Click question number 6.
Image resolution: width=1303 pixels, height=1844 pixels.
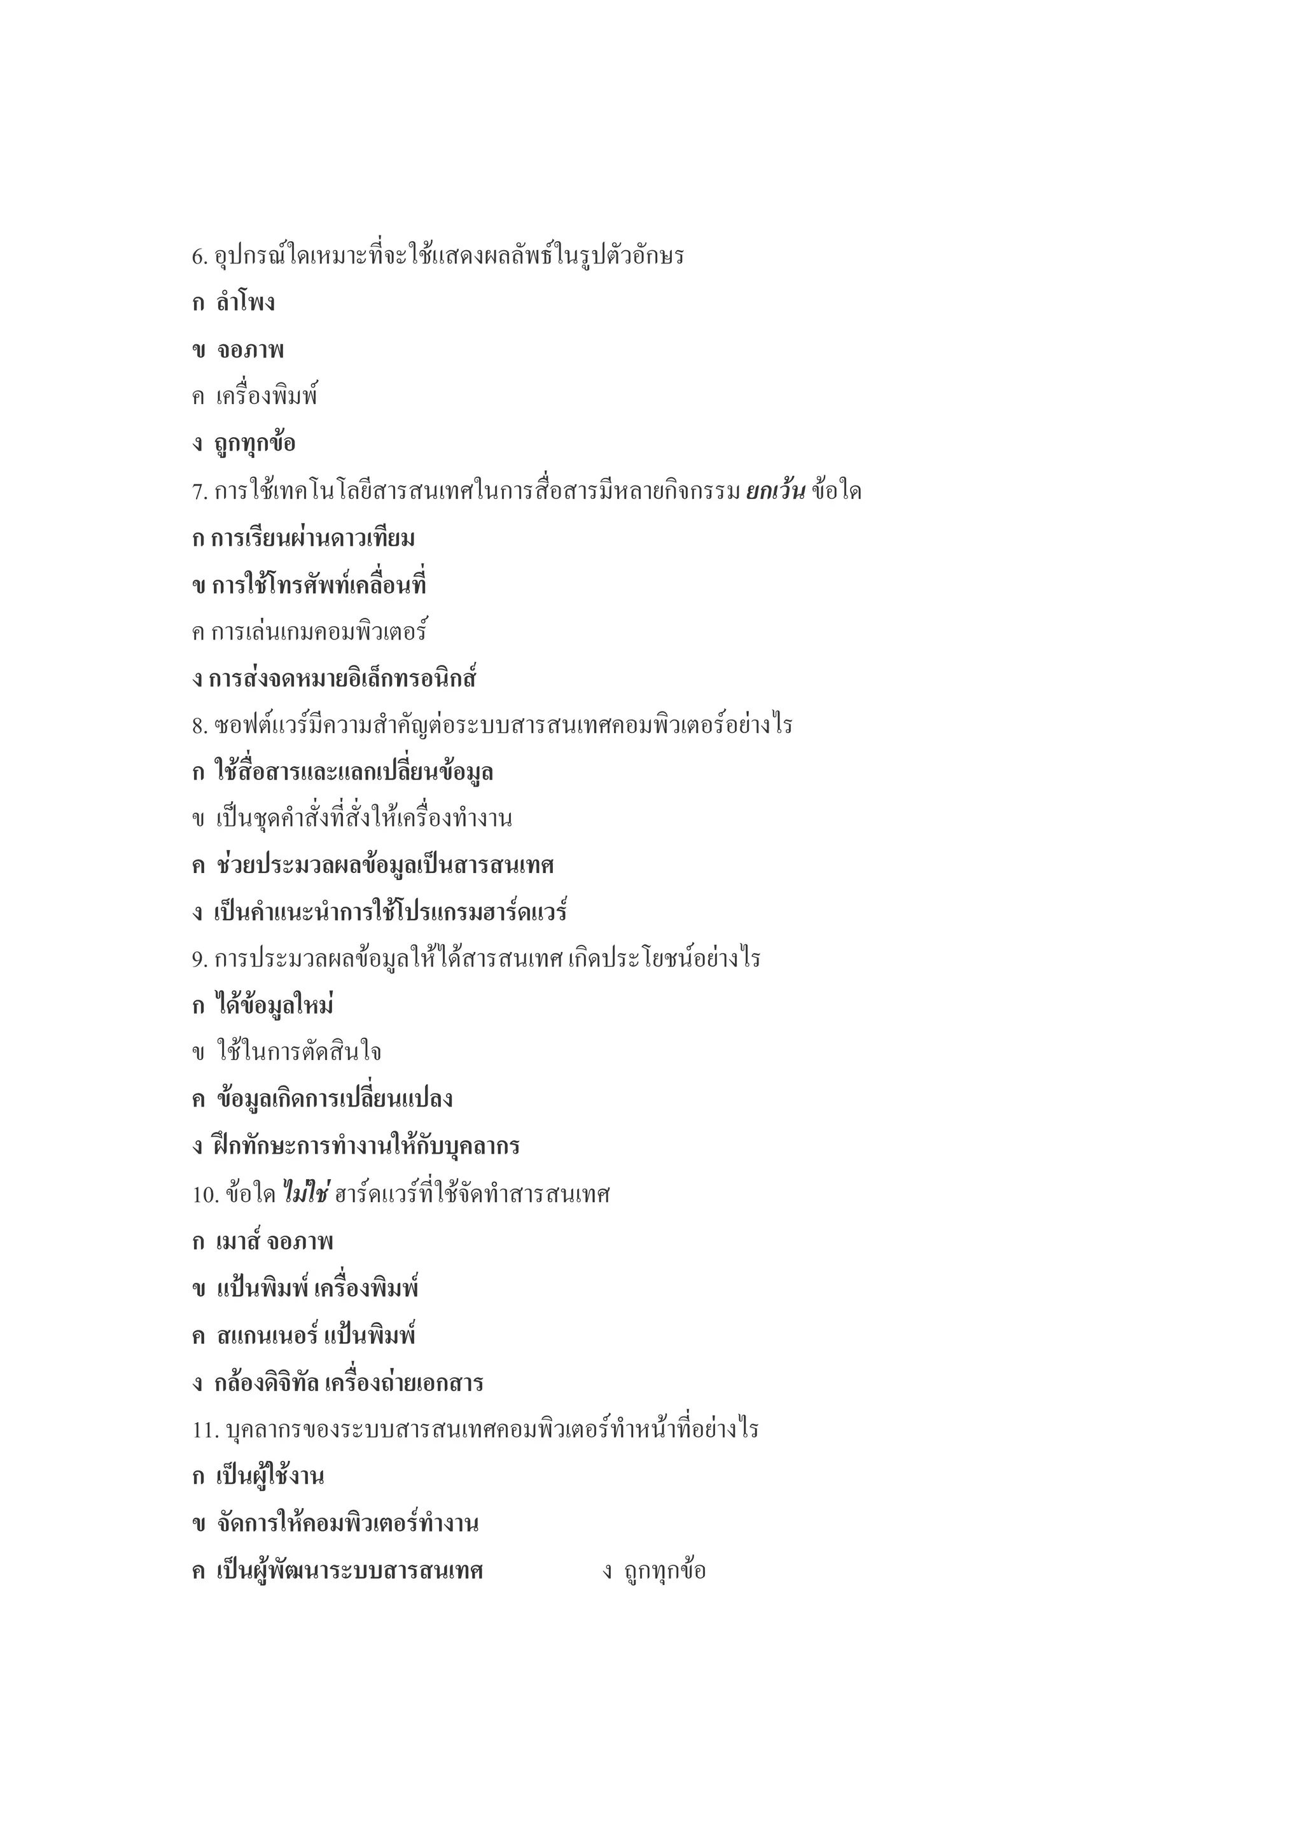pyautogui.click(x=199, y=257)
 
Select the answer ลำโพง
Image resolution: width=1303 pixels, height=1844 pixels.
pyautogui.click(x=245, y=304)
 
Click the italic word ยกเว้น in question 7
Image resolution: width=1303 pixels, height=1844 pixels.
pyautogui.click(x=775, y=491)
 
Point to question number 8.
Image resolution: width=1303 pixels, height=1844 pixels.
pyautogui.click(x=199, y=726)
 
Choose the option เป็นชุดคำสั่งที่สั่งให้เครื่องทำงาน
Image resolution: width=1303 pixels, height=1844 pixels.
pyautogui.click(x=364, y=819)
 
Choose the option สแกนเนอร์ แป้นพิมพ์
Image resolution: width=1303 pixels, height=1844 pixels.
pyautogui.click(x=316, y=1336)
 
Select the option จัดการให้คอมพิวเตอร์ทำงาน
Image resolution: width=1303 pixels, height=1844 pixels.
pyautogui.click(x=347, y=1523)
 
